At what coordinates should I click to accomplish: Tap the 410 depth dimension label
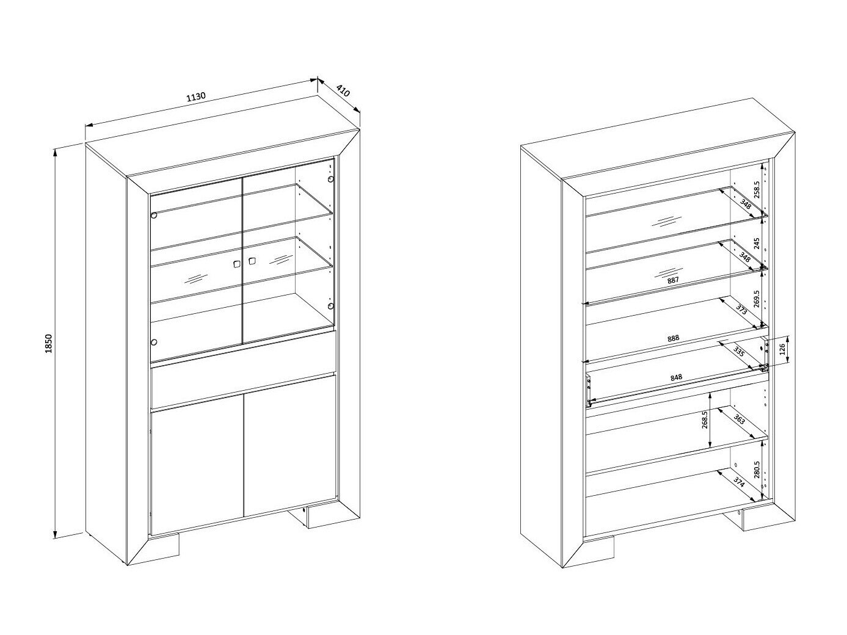coord(343,91)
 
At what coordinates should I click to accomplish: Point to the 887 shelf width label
coord(672,280)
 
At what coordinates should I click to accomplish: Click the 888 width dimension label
coord(673,338)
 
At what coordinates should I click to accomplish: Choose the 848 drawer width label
coord(676,377)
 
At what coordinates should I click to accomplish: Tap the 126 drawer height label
coord(782,349)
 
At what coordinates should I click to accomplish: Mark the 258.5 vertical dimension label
coord(757,190)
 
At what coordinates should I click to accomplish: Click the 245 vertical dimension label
coord(757,243)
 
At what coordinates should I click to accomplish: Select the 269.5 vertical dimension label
coord(757,299)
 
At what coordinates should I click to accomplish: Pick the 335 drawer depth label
coord(738,352)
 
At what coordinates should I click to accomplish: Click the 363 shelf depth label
coord(738,419)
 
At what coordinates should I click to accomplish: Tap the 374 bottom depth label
coord(738,482)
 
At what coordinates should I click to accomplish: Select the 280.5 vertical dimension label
coord(757,470)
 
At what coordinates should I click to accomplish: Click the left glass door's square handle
coord(236,264)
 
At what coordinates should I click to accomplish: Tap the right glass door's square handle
coord(252,261)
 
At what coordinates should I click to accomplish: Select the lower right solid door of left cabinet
coord(290,445)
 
